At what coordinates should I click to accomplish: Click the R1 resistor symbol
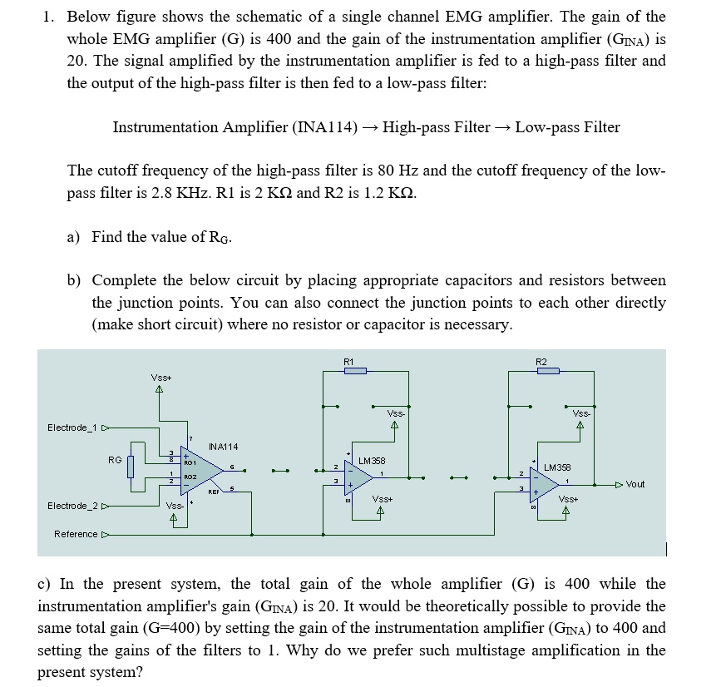(x=355, y=370)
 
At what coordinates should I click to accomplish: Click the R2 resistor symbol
(x=548, y=370)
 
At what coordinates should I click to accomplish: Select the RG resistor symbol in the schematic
(x=130, y=467)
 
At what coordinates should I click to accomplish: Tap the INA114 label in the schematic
(x=223, y=447)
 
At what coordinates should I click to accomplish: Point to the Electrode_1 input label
(x=72, y=428)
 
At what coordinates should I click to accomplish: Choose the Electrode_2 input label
(x=72, y=505)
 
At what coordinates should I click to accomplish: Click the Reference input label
(x=76, y=534)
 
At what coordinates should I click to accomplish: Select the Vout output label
(x=635, y=484)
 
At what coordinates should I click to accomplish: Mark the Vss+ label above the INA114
(x=161, y=378)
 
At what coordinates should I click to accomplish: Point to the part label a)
(x=73, y=237)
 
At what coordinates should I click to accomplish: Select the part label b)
(x=73, y=280)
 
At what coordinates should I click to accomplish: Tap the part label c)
(x=44, y=584)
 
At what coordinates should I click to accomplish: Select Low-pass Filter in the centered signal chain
(x=567, y=127)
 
